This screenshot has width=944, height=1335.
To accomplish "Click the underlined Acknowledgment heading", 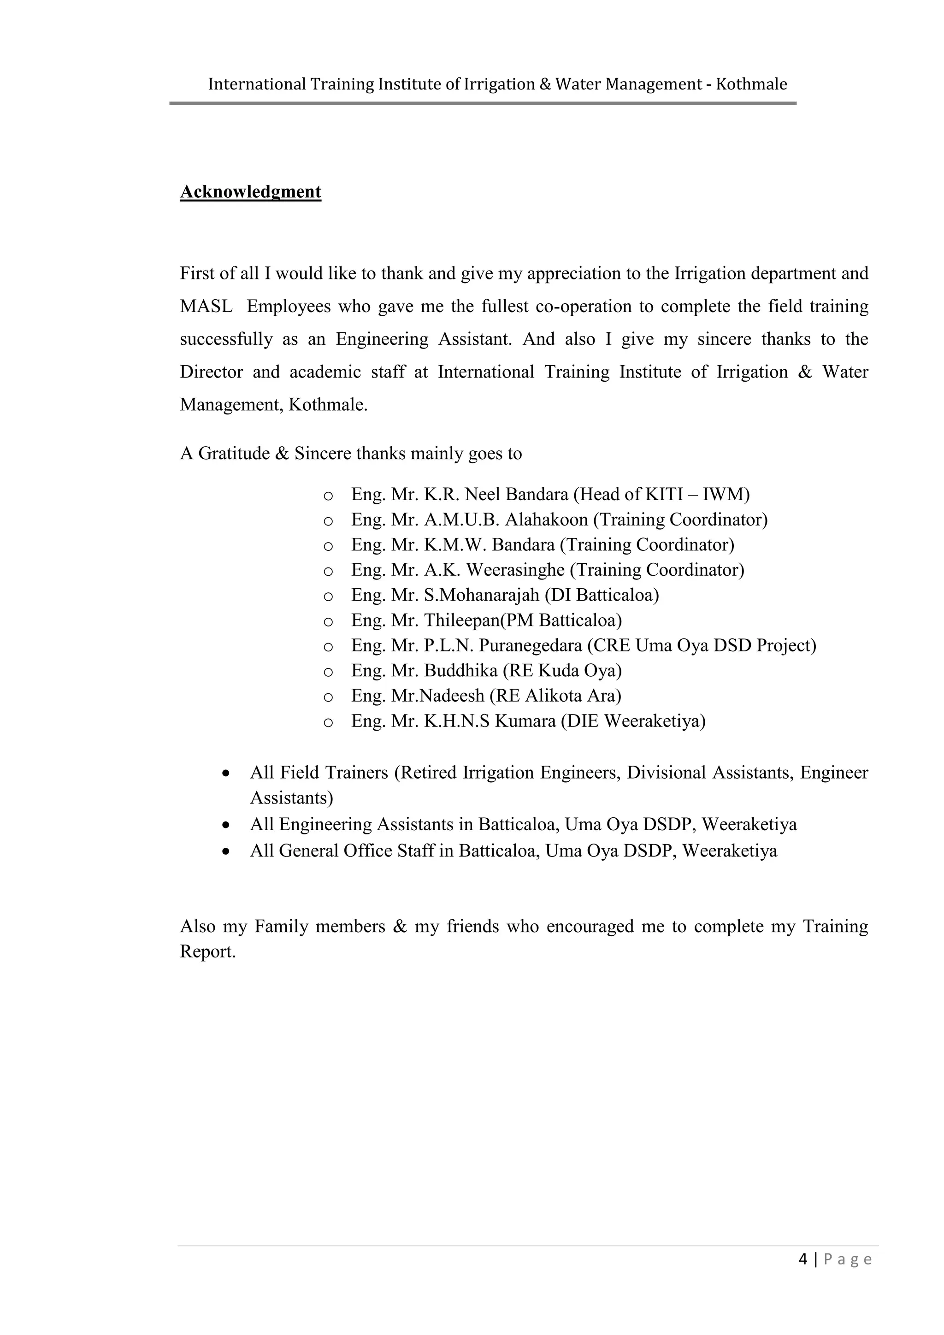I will [x=251, y=192].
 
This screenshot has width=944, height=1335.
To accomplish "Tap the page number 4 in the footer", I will [x=803, y=1259].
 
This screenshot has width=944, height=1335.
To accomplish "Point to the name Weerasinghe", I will [x=515, y=570].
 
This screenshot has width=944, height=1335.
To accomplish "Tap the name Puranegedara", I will [x=530, y=645].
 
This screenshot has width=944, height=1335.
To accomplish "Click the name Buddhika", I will [x=460, y=670].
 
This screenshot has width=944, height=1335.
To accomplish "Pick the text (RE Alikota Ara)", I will [x=555, y=696].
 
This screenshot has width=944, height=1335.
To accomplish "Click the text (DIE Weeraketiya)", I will [x=633, y=721].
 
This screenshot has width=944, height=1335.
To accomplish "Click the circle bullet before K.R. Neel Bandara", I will [x=328, y=496].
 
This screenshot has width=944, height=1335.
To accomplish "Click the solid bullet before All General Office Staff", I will [x=226, y=852].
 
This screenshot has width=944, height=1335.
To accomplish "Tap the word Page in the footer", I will [x=848, y=1259].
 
